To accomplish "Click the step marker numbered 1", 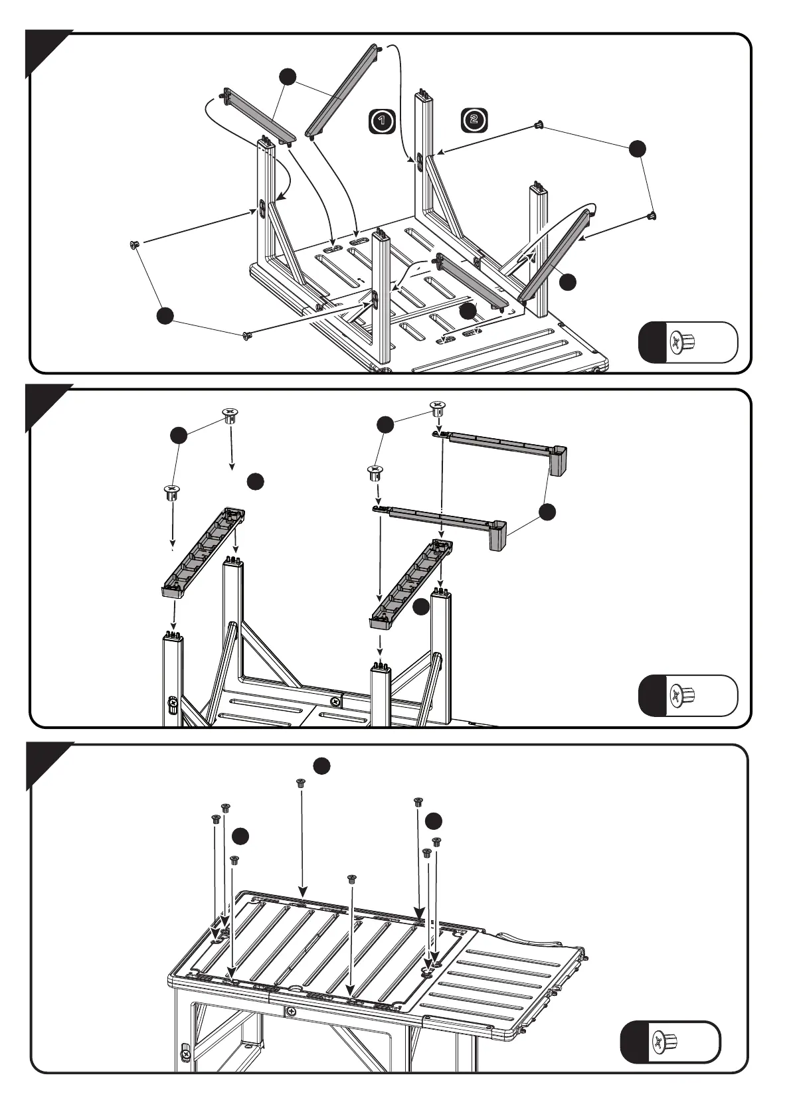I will click(382, 121).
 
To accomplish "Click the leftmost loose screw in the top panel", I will click(135, 245).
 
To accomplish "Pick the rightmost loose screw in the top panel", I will click(654, 215).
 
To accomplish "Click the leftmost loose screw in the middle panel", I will click(171, 492).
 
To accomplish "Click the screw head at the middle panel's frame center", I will click(335, 700).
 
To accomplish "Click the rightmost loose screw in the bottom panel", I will click(436, 842).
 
